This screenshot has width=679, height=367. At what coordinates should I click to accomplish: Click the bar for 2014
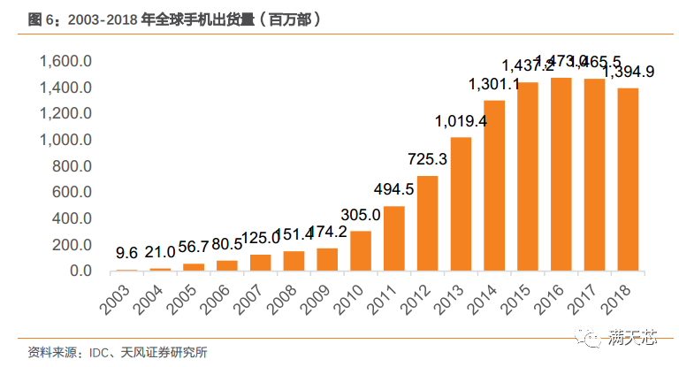[x=494, y=186]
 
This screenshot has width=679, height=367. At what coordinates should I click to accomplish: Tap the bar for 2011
[x=394, y=239]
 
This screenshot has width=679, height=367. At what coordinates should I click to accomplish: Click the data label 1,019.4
[x=461, y=122]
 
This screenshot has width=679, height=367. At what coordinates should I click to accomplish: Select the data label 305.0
[x=362, y=215]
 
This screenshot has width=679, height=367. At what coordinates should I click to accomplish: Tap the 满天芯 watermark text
[x=632, y=336]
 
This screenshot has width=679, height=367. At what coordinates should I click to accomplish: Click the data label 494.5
[x=393, y=189]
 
